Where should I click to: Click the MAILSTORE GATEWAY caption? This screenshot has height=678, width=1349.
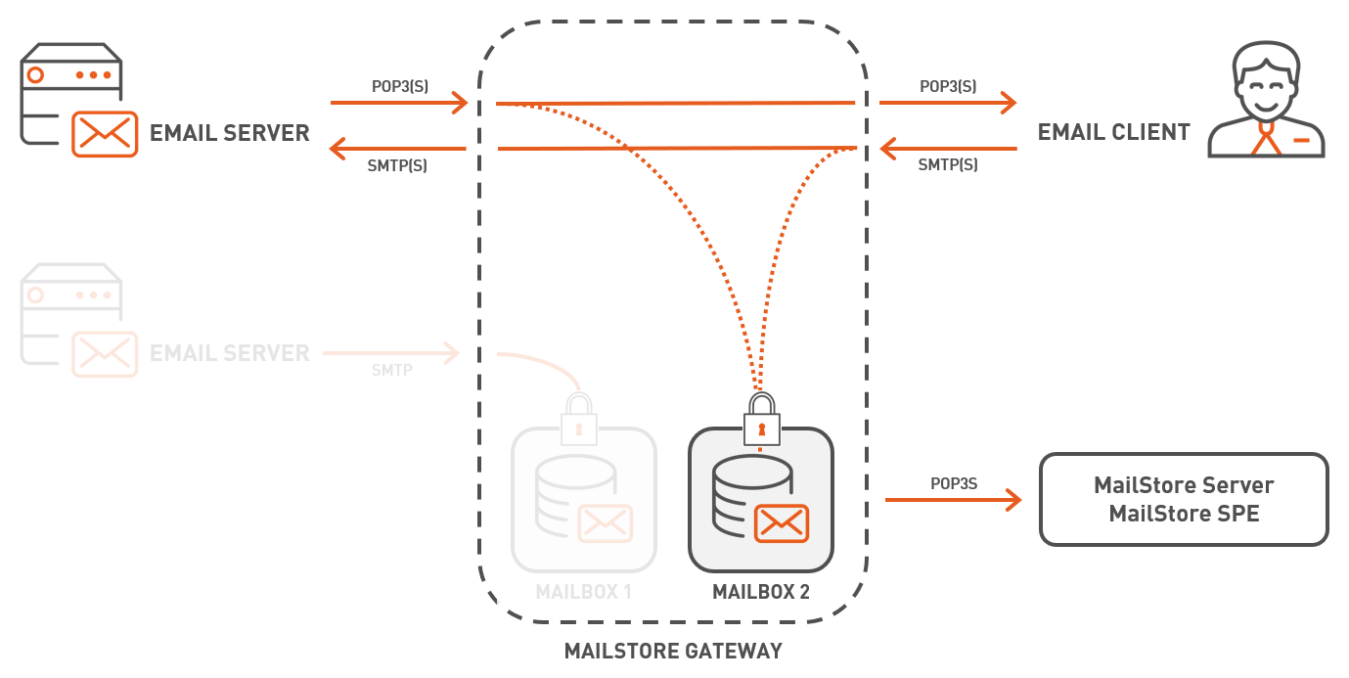(673, 651)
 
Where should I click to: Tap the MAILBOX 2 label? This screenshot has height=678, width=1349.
(760, 592)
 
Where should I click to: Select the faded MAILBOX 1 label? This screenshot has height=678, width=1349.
(583, 592)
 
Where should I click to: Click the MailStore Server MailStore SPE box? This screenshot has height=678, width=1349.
(1184, 499)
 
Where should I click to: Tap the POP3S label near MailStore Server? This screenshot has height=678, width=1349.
(954, 483)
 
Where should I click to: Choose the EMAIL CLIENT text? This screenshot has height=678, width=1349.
(1113, 132)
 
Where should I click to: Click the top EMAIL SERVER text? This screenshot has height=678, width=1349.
(229, 133)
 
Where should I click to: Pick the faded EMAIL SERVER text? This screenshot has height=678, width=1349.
(229, 353)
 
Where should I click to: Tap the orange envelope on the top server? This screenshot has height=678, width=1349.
(105, 133)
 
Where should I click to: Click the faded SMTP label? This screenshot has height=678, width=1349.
(390, 371)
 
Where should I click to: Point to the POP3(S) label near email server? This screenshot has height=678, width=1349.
(399, 86)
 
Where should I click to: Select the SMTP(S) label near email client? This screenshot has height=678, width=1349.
(947, 165)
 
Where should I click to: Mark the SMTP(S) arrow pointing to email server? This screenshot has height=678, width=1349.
(397, 149)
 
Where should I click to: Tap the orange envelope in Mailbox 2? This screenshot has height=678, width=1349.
(781, 523)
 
